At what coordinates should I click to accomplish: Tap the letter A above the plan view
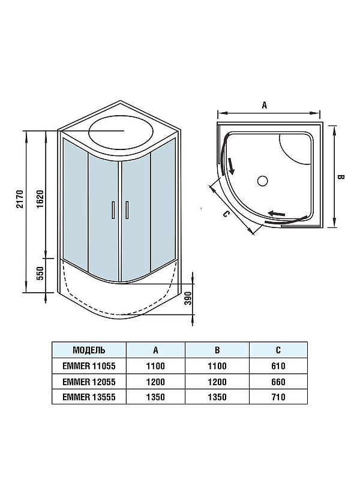[264, 104]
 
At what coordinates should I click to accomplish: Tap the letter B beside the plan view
[340, 178]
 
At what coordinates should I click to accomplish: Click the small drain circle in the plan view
[262, 179]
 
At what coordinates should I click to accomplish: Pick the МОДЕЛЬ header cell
[89, 350]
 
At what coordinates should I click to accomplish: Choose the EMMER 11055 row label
[89, 366]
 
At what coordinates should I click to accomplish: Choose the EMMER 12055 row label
[89, 382]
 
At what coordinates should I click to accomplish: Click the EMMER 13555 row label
[89, 397]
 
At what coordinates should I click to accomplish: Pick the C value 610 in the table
[278, 366]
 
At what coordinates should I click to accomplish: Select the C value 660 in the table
[278, 382]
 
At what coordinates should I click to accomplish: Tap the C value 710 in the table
[278, 397]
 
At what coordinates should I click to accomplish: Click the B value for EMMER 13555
[217, 397]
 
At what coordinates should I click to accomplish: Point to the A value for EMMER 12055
[155, 382]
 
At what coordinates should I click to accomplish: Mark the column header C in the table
[278, 350]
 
